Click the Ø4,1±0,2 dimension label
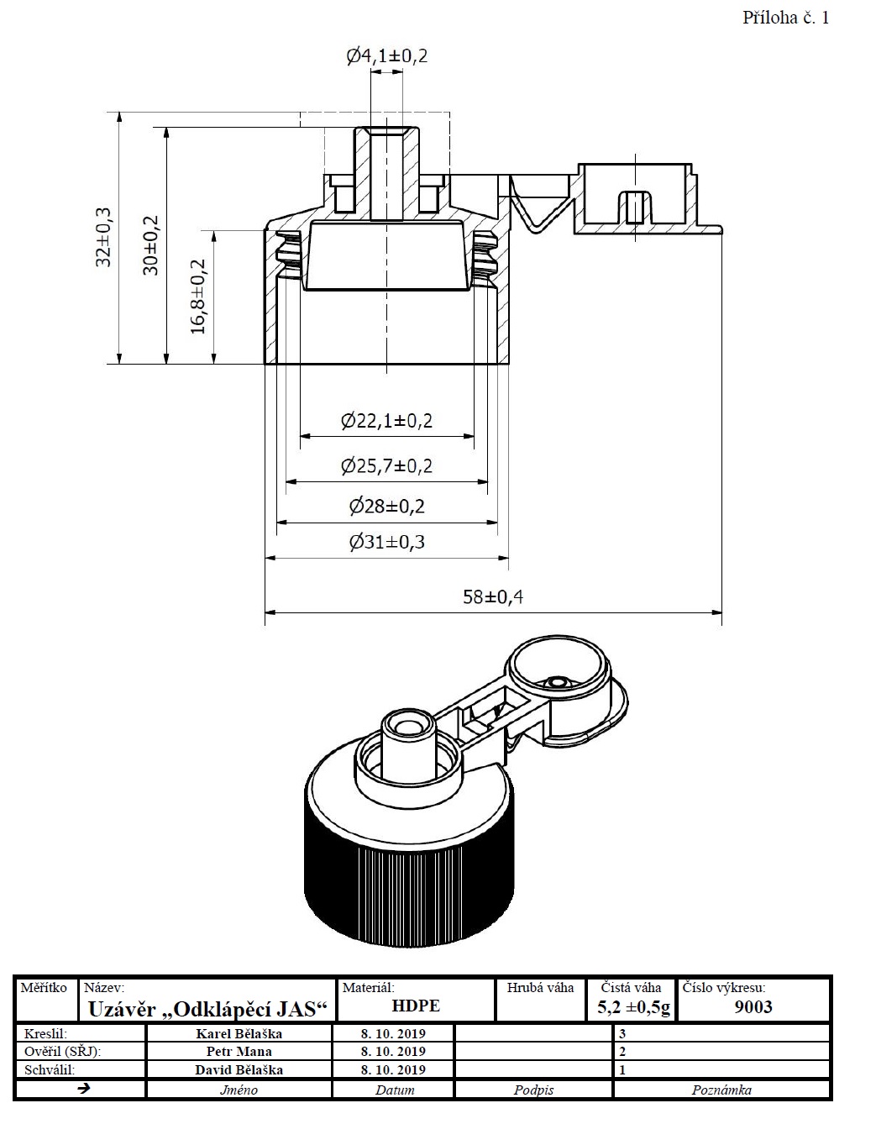point(387,55)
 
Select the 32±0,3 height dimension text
point(103,238)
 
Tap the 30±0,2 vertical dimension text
point(151,245)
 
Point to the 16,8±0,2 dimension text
point(198,297)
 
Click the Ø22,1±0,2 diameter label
point(387,421)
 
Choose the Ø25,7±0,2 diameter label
point(387,466)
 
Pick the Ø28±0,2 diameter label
point(387,506)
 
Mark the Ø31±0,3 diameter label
point(387,543)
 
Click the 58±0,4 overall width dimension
point(493,597)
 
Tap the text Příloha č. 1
point(785,18)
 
